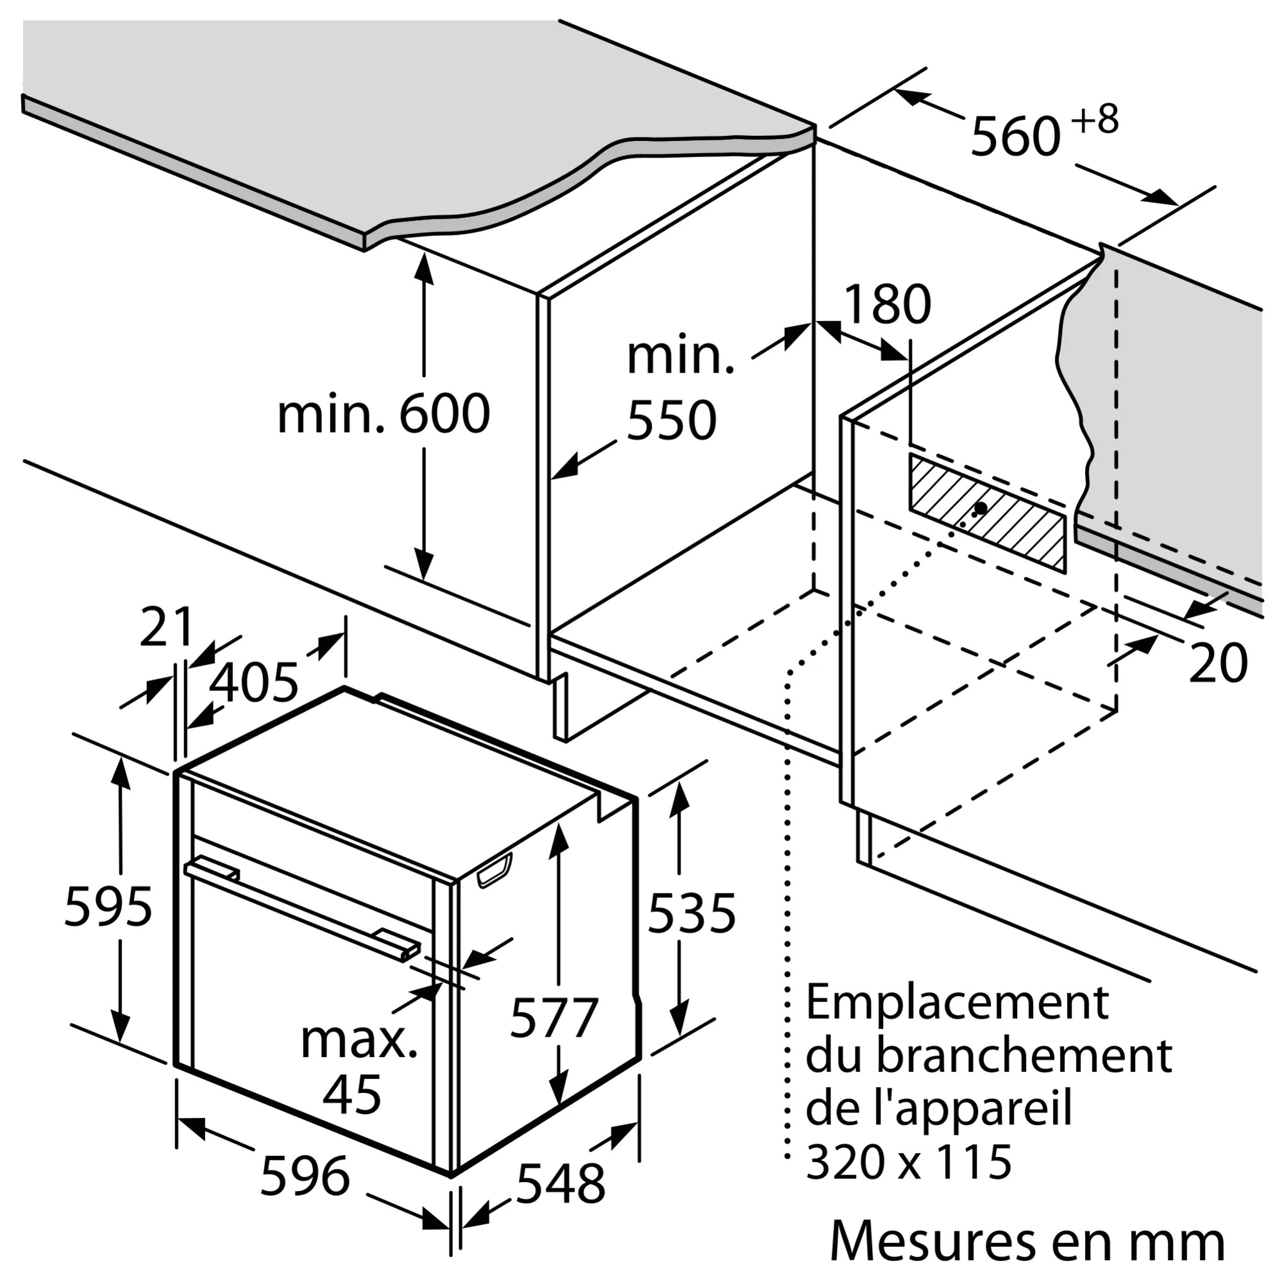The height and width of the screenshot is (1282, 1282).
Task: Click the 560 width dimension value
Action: coord(1015,137)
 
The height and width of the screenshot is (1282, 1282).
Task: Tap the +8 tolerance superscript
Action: coord(1096,119)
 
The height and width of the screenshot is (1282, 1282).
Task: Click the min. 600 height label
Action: coord(383,414)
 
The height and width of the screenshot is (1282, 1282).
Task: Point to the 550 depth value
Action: coord(671,420)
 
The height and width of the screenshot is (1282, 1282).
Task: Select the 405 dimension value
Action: coord(253,683)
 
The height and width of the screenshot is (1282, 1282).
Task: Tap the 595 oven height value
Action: coord(108,907)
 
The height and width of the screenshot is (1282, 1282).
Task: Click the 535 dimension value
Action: coord(692,913)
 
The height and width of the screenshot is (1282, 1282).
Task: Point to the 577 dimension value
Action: coord(554,1017)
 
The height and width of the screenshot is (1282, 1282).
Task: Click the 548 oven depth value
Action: coord(561,1183)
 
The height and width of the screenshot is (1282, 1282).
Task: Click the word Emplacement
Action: coord(957,1003)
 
